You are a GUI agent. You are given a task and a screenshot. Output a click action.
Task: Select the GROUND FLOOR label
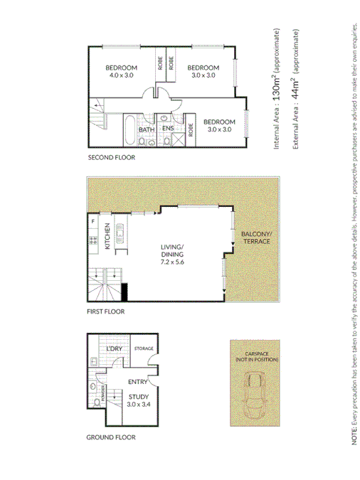110,437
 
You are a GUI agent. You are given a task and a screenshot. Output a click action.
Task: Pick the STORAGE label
144,348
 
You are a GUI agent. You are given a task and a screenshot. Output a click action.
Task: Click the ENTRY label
137,383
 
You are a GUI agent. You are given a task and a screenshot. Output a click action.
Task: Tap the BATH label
147,129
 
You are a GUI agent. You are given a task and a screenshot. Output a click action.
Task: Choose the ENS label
168,129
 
